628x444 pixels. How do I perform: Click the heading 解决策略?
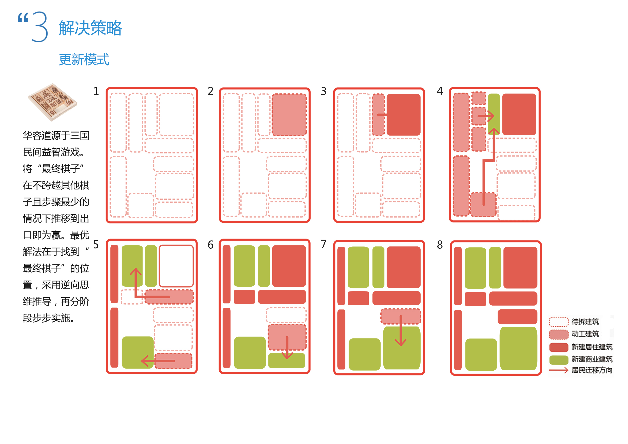90,28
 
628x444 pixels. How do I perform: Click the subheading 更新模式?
84,60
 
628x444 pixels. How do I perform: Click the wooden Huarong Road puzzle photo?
53,102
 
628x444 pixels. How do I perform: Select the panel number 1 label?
96,91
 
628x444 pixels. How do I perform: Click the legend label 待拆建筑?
585,322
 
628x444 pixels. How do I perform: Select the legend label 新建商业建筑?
592,359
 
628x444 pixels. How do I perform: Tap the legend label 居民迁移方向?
592,370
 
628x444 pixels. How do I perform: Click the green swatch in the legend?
559,360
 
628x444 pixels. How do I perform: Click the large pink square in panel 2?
289,115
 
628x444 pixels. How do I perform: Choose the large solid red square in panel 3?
403,115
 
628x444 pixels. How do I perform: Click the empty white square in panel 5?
176,266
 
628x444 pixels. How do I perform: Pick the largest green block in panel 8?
518,348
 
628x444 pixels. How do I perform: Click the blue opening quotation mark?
23,18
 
